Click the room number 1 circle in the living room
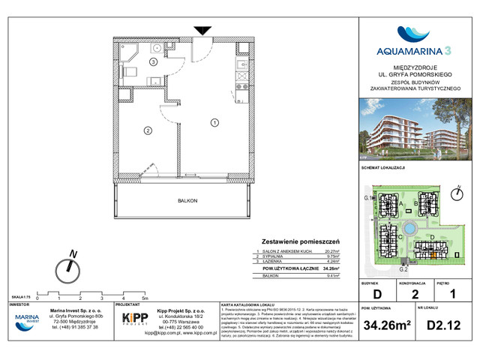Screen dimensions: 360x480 [x=214, y=122]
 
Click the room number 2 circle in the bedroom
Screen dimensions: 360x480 [x=148, y=131]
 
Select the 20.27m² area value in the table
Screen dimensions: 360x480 [x=331, y=252]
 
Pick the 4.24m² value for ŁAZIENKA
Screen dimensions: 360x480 [x=331, y=262]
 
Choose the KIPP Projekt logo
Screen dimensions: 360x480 [x=134, y=319]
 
